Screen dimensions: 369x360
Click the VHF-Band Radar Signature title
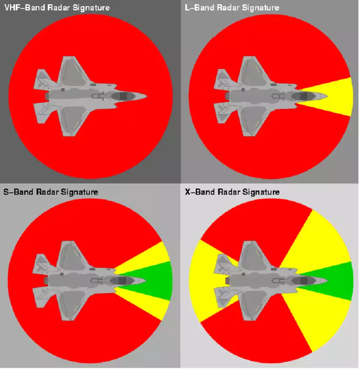[x=56, y=8]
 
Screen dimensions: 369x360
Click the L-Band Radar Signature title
[x=232, y=8]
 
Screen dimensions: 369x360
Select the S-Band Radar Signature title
[x=51, y=192]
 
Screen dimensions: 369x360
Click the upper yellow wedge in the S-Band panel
[x=157, y=257]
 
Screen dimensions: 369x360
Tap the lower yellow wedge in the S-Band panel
[x=157, y=304]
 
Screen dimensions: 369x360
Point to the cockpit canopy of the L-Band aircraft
[x=303, y=97]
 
